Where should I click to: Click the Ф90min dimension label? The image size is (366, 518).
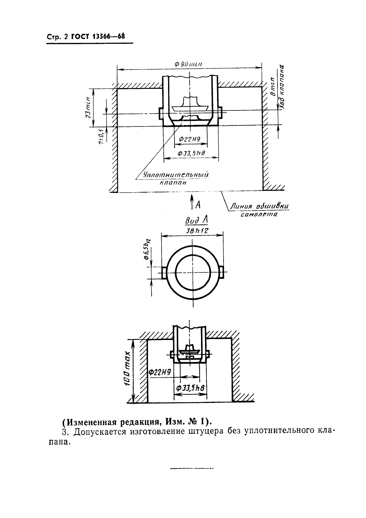tap(188, 64)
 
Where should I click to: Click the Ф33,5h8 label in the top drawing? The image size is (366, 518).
tap(191, 153)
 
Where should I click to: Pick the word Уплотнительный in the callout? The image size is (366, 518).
tap(176, 175)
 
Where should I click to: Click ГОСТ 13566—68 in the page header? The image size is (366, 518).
tap(98, 37)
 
